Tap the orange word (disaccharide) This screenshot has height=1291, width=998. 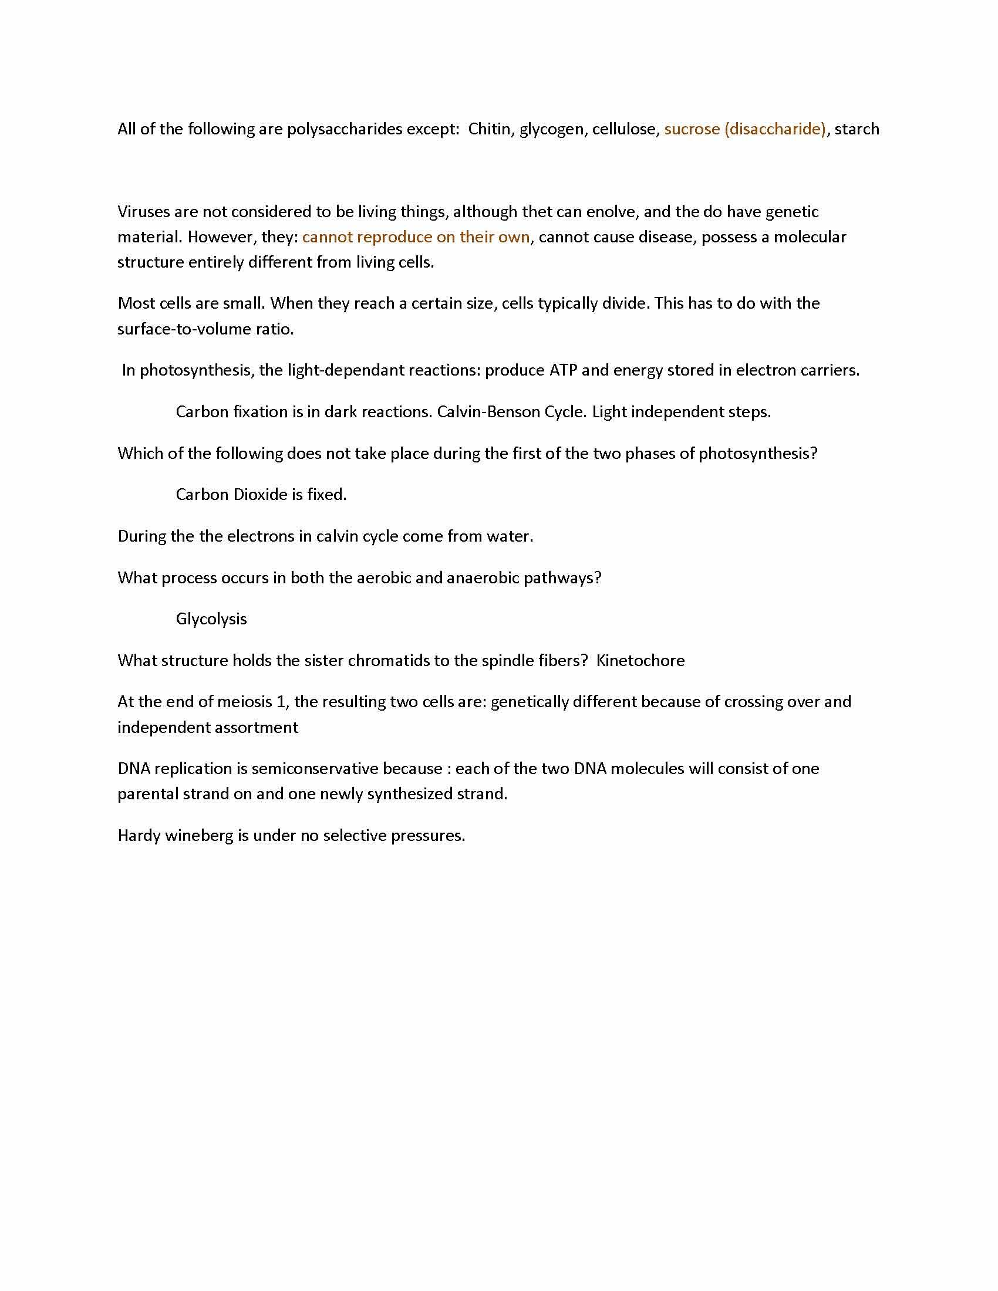[775, 129]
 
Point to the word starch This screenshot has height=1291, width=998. [857, 129]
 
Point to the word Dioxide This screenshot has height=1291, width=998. [260, 495]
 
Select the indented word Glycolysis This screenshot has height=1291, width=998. [211, 619]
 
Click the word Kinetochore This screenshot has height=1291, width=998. [640, 660]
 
